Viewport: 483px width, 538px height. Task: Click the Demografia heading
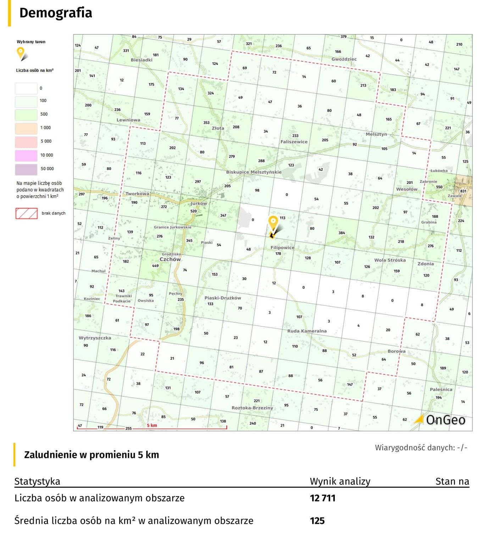click(56, 13)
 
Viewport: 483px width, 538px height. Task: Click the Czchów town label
click(170, 259)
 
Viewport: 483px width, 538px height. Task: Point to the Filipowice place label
click(282, 247)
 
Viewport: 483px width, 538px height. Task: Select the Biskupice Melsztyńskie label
click(254, 172)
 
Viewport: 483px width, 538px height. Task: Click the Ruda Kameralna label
click(307, 331)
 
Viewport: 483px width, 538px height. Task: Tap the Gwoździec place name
click(344, 59)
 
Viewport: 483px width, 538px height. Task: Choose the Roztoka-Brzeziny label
click(252, 408)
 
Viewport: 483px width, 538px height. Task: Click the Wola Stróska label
click(390, 260)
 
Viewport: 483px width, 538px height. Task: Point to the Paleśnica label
click(441, 390)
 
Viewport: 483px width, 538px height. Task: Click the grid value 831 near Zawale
click(463, 191)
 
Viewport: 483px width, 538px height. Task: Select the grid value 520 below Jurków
click(193, 211)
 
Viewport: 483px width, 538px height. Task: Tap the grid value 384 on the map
click(342, 233)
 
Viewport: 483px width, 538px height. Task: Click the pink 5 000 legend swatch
click(26, 141)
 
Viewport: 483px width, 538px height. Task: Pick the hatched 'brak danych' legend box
click(26, 213)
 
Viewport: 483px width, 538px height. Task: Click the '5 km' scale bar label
click(152, 425)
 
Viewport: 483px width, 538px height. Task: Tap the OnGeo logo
click(440, 420)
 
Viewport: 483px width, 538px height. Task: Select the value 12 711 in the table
click(322, 498)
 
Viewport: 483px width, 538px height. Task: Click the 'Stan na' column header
click(452, 481)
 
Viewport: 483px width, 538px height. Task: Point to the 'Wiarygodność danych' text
click(421, 448)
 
